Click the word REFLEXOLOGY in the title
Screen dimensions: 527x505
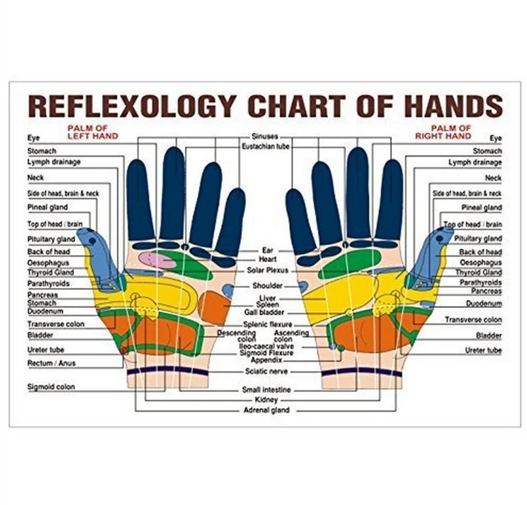tap(132, 105)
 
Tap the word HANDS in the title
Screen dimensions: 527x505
tap(449, 105)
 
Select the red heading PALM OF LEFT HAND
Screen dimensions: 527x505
tap(92, 132)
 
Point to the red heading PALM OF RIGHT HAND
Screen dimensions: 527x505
tap(443, 132)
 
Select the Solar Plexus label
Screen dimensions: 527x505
tap(268, 270)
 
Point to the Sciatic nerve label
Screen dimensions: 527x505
tap(267, 371)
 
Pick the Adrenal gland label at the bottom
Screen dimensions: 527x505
tap(267, 410)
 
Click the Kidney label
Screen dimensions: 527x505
tap(267, 400)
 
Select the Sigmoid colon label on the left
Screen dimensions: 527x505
tap(51, 387)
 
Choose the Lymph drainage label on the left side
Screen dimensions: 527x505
tap(53, 162)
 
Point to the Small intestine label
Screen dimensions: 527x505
tap(267, 390)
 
